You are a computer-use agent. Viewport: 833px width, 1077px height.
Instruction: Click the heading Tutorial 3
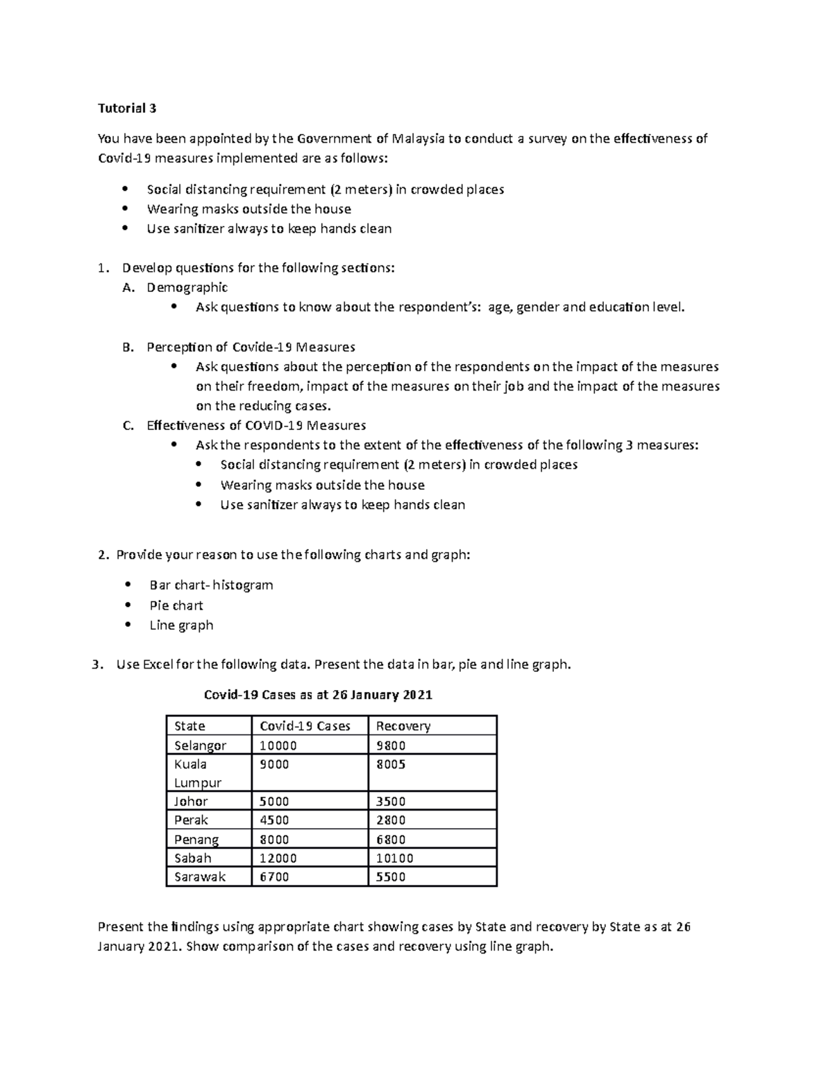pyautogui.click(x=127, y=108)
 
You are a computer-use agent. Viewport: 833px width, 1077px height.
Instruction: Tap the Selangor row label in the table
pyautogui.click(x=200, y=746)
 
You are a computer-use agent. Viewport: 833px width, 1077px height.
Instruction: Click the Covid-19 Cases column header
pyautogui.click(x=305, y=726)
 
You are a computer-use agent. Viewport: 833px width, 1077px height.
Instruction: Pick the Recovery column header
pyautogui.click(x=403, y=726)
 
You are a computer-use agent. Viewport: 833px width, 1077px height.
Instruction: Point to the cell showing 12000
pyautogui.click(x=278, y=858)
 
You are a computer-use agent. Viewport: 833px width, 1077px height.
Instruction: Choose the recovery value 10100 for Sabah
pyautogui.click(x=394, y=858)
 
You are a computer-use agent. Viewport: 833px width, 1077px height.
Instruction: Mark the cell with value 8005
pyautogui.click(x=391, y=764)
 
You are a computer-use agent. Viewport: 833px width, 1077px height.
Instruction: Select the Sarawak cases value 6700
pyautogui.click(x=274, y=877)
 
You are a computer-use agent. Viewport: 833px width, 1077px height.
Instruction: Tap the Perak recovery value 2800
pyautogui.click(x=391, y=820)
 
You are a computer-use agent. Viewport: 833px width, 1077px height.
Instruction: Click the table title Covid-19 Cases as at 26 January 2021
pyautogui.click(x=317, y=695)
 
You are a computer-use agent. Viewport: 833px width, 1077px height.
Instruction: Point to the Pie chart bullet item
pyautogui.click(x=176, y=605)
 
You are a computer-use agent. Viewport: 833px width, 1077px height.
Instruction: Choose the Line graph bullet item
pyautogui.click(x=181, y=625)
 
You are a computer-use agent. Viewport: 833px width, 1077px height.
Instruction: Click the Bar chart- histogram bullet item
pyautogui.click(x=211, y=585)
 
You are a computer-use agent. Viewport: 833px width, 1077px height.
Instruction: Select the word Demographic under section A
pyautogui.click(x=187, y=287)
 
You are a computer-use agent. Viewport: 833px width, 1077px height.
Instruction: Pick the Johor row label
pyautogui.click(x=191, y=801)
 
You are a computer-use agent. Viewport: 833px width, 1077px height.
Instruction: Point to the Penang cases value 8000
pyautogui.click(x=274, y=839)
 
